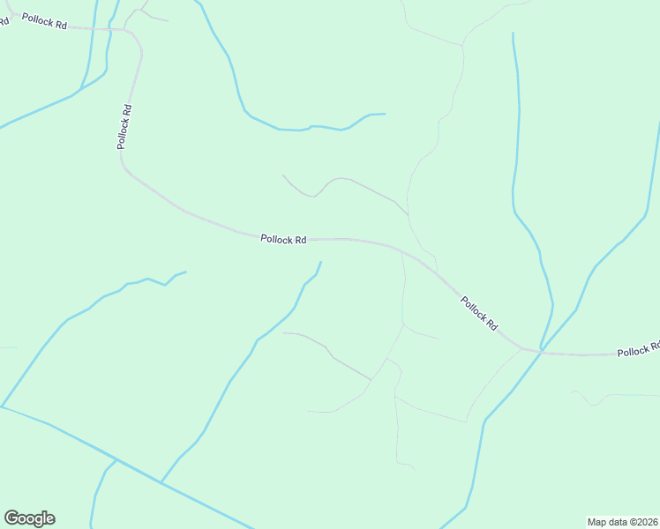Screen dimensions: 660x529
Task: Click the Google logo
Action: (29, 518)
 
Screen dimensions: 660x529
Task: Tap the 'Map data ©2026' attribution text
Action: (622, 521)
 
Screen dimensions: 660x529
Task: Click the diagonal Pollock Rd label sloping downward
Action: (479, 313)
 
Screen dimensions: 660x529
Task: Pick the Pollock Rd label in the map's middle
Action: (283, 239)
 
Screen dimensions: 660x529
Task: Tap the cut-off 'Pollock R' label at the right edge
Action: (638, 350)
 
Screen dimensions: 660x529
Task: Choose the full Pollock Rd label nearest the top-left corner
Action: (44, 21)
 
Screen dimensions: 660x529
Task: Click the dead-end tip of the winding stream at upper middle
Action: (385, 114)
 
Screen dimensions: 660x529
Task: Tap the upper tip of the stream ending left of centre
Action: (185, 272)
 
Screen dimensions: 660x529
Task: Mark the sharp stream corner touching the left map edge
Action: (2, 406)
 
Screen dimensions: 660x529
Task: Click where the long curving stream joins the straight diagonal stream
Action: (161, 482)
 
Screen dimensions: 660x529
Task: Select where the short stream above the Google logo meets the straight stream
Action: (116, 459)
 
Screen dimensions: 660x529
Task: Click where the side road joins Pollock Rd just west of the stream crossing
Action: (521, 347)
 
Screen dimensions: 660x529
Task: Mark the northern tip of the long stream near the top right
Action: (513, 34)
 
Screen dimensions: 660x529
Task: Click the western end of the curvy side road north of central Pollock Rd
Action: (282, 175)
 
